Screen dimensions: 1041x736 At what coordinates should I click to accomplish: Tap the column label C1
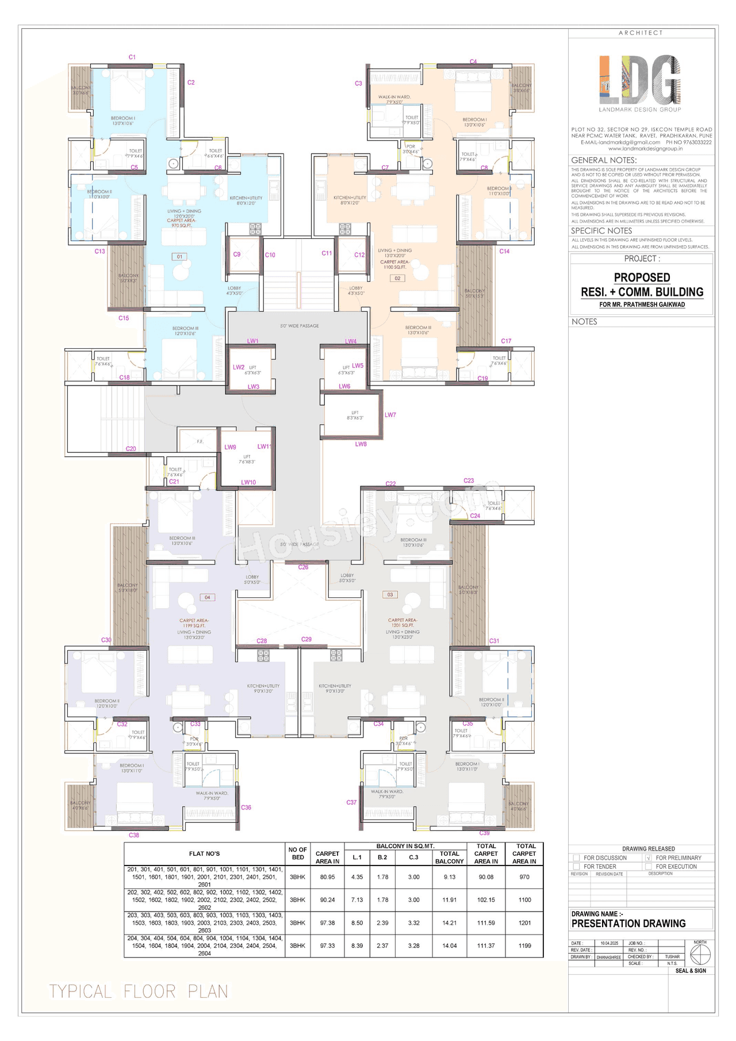132,57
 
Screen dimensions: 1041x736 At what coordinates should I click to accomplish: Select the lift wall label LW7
390,415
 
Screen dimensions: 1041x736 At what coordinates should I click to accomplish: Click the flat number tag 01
179,257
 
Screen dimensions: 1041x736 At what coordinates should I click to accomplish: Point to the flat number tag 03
390,594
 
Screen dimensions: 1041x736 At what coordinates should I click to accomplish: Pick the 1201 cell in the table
524,923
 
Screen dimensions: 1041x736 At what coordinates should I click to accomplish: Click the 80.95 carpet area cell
327,877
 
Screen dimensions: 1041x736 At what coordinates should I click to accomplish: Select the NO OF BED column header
298,853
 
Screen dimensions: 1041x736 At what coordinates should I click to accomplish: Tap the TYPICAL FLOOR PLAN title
139,992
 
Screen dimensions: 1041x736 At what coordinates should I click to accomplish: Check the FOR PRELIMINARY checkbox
649,858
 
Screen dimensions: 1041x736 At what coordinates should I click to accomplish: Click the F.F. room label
200,441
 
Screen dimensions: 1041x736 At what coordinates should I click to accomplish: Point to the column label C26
303,567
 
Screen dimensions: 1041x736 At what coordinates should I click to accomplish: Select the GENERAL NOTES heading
604,160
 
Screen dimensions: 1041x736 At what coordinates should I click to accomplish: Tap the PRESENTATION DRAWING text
628,924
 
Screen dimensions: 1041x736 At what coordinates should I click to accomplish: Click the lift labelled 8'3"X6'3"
355,415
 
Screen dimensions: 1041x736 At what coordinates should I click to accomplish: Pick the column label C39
485,833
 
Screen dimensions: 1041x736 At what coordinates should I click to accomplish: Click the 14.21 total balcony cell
449,923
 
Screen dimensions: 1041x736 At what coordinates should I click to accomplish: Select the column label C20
131,449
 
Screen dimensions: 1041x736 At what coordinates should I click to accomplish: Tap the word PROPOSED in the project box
642,278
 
